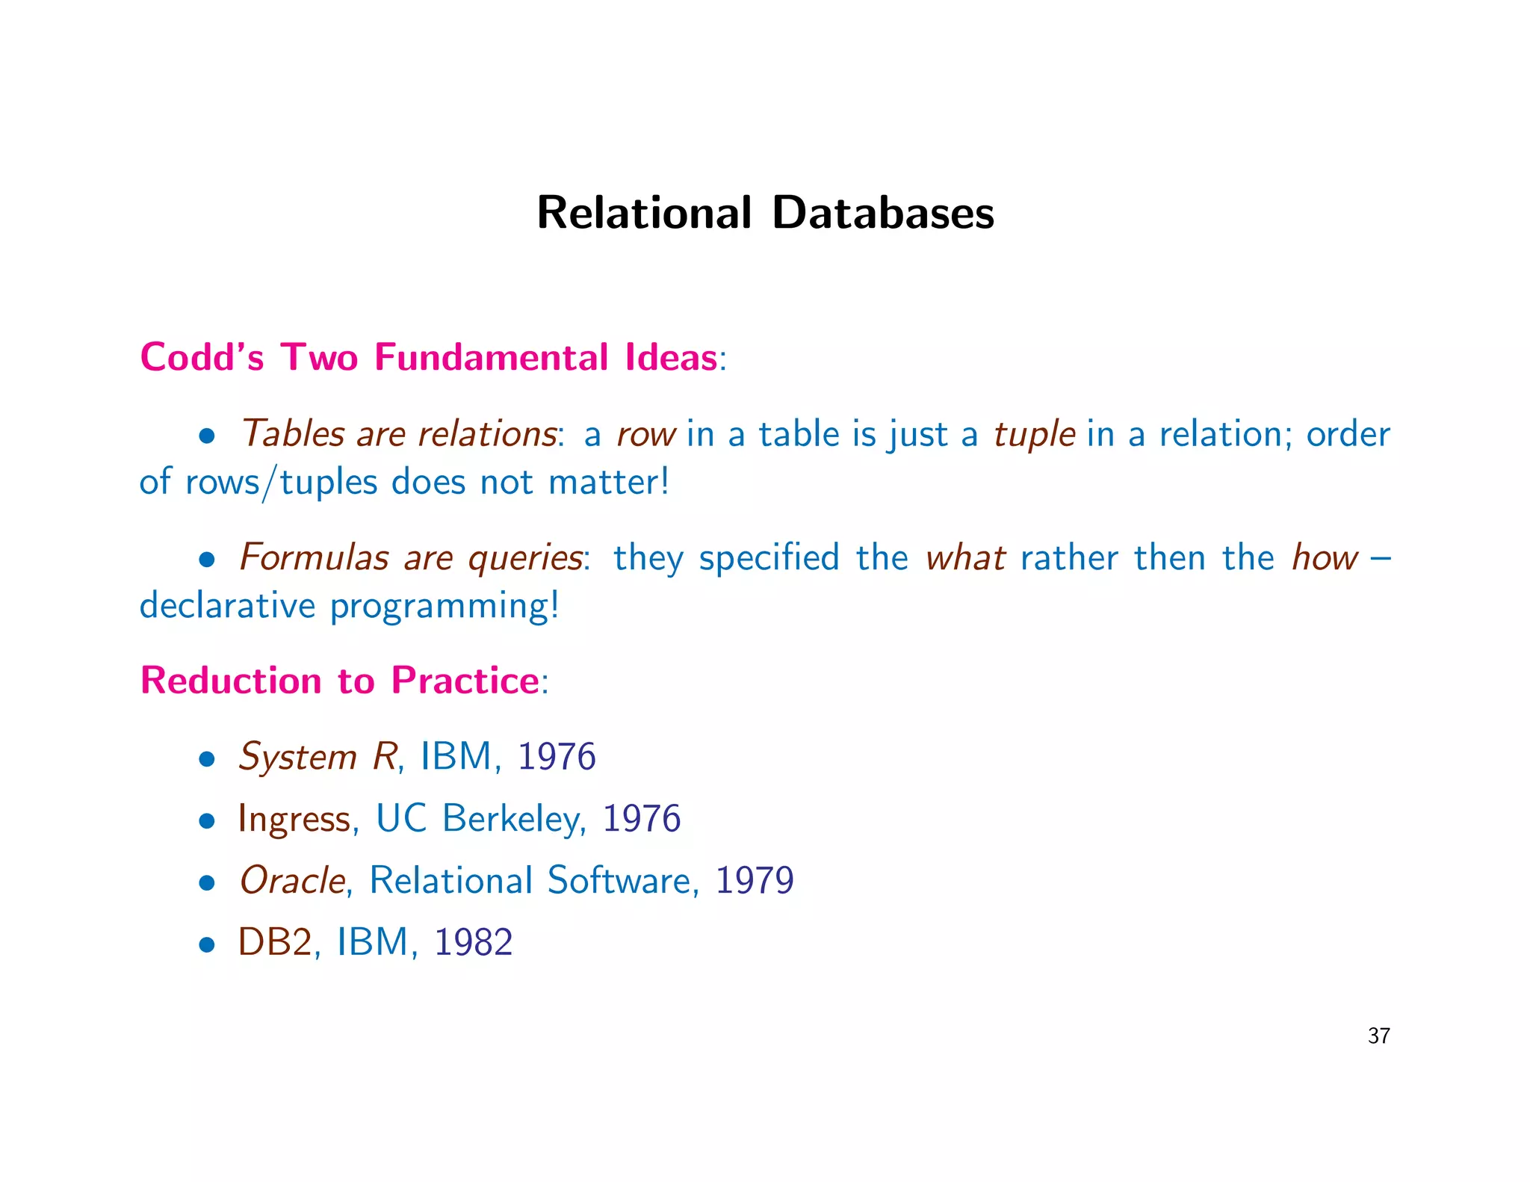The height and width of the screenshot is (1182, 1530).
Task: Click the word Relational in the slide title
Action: (x=644, y=213)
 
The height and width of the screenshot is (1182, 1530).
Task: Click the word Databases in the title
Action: (x=883, y=213)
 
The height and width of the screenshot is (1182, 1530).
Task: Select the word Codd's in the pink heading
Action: (x=202, y=357)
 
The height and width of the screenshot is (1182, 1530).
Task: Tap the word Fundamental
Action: (x=491, y=357)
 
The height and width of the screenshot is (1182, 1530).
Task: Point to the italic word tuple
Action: (x=1034, y=435)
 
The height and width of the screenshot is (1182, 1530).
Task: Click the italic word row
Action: (x=645, y=435)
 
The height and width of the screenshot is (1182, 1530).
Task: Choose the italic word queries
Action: (x=524, y=558)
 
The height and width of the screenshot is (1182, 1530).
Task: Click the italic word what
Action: (x=964, y=558)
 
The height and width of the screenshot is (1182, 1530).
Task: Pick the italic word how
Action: (x=1325, y=558)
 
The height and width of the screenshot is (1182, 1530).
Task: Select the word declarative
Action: (x=227, y=605)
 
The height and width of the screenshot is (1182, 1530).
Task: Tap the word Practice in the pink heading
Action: (x=465, y=681)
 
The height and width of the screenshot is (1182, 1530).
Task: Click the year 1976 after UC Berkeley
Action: (x=641, y=819)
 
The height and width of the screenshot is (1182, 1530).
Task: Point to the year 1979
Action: (x=754, y=881)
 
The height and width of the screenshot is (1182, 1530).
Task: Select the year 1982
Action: (x=473, y=942)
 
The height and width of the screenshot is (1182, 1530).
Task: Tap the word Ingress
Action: (x=294, y=820)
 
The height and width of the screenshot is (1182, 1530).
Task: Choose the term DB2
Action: (x=274, y=942)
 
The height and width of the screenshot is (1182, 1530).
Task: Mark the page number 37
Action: (x=1378, y=1036)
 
